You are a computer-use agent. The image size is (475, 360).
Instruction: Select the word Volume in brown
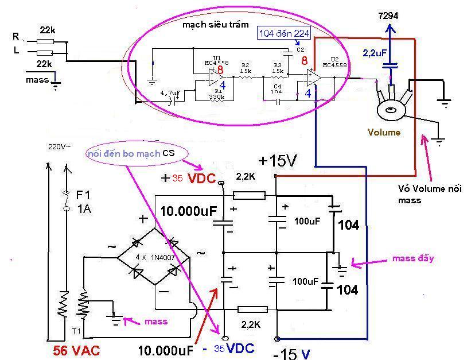(384, 133)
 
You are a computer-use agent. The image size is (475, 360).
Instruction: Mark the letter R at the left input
(15, 36)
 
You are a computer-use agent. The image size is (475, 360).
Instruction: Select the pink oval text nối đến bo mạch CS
(130, 153)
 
